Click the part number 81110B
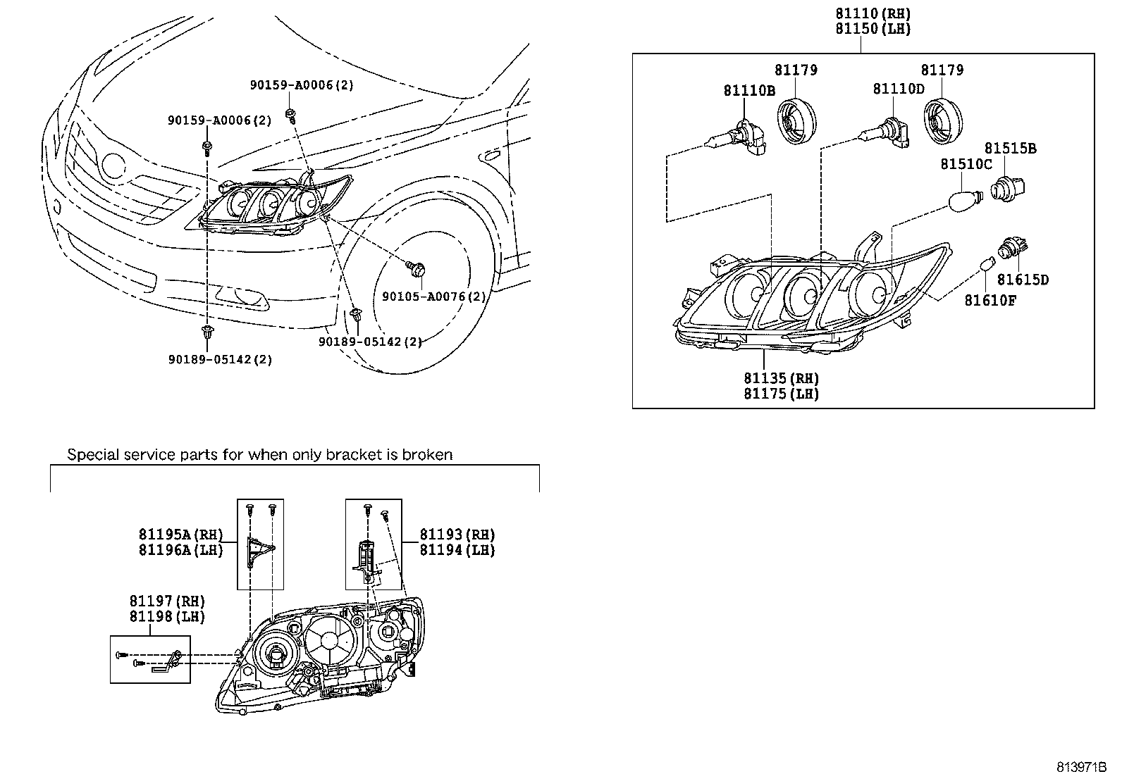click(x=749, y=90)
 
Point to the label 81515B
click(x=1010, y=149)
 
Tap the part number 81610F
click(x=990, y=301)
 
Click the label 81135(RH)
click(x=782, y=378)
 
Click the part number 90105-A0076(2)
click(x=433, y=297)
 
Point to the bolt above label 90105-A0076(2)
click(x=416, y=268)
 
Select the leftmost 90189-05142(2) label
click(x=219, y=359)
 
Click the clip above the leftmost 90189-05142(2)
click(x=207, y=334)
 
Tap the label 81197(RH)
click(x=166, y=601)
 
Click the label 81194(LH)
click(x=457, y=550)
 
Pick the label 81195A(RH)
click(x=180, y=535)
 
